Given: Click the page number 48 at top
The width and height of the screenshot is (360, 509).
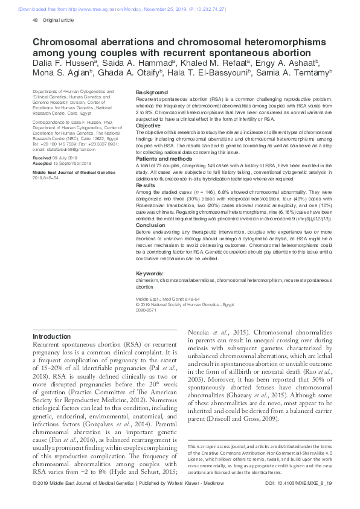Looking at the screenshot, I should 34,20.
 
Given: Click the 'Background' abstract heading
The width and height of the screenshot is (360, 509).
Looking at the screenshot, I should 152,92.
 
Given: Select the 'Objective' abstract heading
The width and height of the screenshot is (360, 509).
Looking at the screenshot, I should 149,126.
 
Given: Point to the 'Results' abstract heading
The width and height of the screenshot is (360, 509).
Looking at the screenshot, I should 145,186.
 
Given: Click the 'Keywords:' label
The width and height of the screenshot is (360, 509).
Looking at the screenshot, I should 150,274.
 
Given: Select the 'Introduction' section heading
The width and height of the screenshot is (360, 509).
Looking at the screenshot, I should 51,336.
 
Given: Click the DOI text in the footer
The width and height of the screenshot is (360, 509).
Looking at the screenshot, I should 299,501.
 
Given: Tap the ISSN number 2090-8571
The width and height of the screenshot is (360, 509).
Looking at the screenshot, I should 146,309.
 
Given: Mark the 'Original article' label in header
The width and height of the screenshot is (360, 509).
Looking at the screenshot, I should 59,20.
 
